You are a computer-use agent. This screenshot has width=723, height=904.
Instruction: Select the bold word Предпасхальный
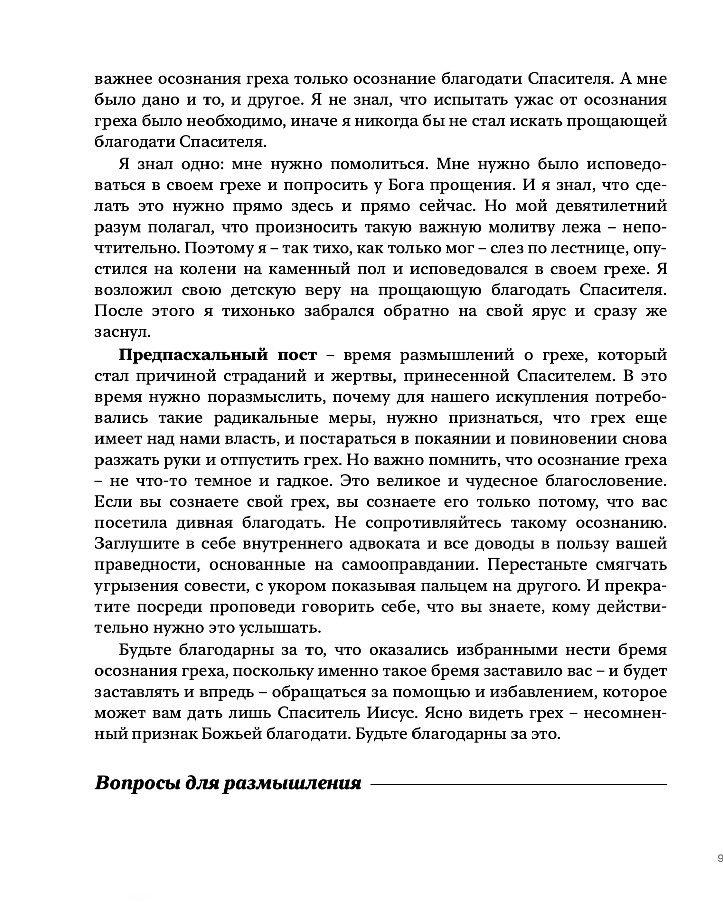coord(193,355)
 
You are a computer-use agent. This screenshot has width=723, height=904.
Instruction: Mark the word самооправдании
coord(409,565)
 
